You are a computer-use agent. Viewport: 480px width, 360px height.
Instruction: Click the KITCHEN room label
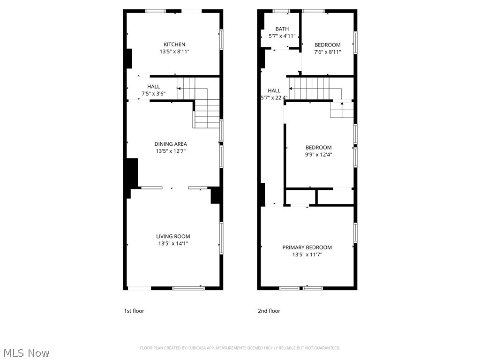click(174, 45)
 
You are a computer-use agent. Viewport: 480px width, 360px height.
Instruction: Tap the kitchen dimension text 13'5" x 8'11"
click(174, 52)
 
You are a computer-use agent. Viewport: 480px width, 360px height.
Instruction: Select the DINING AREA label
click(171, 144)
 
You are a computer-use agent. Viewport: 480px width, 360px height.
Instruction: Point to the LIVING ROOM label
click(173, 236)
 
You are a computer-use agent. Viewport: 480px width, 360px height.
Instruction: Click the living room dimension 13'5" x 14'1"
click(173, 243)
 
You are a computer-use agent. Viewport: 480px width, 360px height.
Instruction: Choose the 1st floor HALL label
click(153, 87)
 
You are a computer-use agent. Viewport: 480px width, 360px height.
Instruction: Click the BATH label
click(282, 29)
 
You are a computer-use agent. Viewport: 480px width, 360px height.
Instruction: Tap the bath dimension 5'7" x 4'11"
click(282, 36)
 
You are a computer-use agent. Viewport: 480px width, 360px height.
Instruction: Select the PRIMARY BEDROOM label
click(307, 247)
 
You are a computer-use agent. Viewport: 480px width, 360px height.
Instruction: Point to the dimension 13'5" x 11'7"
click(307, 255)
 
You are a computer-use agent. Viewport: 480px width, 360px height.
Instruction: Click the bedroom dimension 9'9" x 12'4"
click(318, 155)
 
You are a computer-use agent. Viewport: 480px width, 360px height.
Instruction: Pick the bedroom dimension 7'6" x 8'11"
click(327, 52)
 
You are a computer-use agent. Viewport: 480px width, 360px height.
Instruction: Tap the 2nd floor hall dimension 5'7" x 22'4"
click(274, 97)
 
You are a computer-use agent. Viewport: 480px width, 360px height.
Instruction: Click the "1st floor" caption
click(134, 311)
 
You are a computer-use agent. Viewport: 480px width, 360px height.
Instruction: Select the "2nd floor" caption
click(269, 311)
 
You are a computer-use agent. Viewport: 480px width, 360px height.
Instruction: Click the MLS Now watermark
click(26, 353)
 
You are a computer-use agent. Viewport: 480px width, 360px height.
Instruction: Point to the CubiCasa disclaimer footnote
click(240, 348)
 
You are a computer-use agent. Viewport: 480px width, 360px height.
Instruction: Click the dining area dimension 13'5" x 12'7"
click(171, 151)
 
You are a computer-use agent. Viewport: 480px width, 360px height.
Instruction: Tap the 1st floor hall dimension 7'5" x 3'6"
click(153, 94)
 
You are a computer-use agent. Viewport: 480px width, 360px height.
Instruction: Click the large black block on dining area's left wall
click(132, 172)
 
